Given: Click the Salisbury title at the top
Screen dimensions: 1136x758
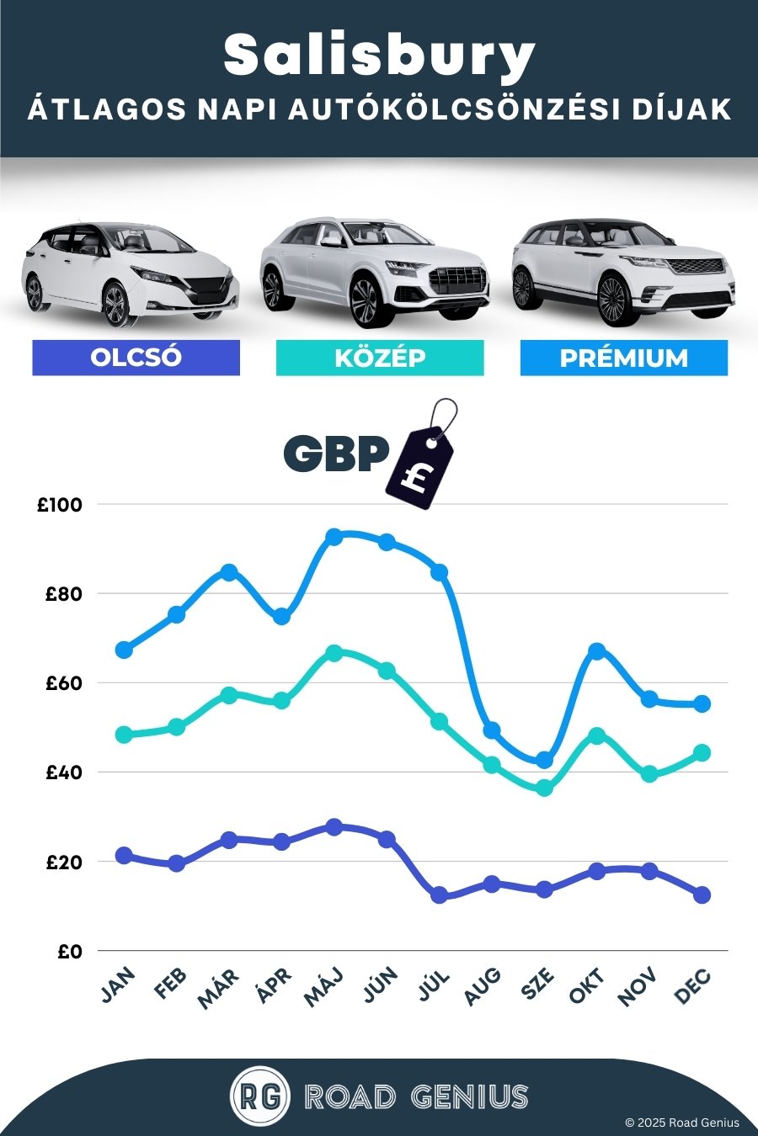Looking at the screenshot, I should pyautogui.click(x=379, y=56).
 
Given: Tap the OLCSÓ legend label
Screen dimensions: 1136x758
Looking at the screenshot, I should pyautogui.click(x=136, y=357).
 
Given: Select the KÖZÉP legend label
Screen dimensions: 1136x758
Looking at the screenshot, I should pyautogui.click(x=380, y=358).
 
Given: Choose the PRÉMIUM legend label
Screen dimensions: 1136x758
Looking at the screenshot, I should pyautogui.click(x=623, y=358).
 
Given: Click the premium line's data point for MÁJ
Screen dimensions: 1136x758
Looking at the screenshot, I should pyautogui.click(x=334, y=537).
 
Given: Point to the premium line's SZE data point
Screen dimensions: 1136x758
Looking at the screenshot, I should pyautogui.click(x=544, y=760).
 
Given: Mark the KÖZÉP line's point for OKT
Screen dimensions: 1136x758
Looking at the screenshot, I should pyautogui.click(x=597, y=735).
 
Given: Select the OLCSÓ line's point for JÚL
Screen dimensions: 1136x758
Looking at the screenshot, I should pyautogui.click(x=439, y=895).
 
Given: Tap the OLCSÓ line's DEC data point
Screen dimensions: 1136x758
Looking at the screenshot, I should pyautogui.click(x=702, y=894).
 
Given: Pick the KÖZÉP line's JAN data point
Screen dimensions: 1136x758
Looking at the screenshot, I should pyautogui.click(x=124, y=734).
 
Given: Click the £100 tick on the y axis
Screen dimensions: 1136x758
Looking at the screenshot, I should pyautogui.click(x=60, y=505).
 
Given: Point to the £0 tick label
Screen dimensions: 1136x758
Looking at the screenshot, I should pyautogui.click(x=70, y=952).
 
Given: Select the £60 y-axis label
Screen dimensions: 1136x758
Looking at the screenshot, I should pyautogui.click(x=64, y=683).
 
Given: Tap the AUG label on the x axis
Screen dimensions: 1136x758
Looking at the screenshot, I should pyautogui.click(x=483, y=986).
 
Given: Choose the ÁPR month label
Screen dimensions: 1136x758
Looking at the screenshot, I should pyautogui.click(x=275, y=986).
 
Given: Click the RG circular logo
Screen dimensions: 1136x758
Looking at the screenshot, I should pyautogui.click(x=260, y=1096).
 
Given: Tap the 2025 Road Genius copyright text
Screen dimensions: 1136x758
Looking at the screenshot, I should pyautogui.click(x=681, y=1123).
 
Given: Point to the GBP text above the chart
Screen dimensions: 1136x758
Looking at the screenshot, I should pyautogui.click(x=336, y=454).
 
